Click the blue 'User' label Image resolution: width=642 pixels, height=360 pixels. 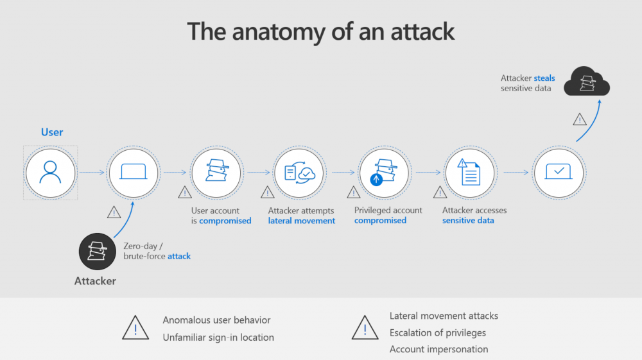coord(52,132)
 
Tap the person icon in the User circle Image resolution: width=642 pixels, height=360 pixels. coord(50,172)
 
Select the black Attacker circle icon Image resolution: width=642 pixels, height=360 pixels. coord(98,252)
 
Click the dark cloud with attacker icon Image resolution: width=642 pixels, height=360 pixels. coord(587,81)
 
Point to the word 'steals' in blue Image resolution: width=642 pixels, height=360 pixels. coord(544,78)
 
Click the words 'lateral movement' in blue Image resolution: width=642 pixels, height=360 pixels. coord(301,221)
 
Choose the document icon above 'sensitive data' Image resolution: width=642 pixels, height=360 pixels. coord(469,172)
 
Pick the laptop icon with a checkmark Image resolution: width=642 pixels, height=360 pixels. coord(559,171)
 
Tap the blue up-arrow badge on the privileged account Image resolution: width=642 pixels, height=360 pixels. coord(376,179)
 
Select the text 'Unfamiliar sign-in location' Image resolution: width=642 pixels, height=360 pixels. coord(218,338)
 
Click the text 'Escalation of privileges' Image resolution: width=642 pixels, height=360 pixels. coord(438,332)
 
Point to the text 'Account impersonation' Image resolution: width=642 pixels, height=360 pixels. coord(439,349)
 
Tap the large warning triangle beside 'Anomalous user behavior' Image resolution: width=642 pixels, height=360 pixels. coord(135,328)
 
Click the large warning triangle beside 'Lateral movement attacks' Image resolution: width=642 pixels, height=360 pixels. coord(365,328)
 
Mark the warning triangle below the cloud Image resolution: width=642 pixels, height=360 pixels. coord(580,119)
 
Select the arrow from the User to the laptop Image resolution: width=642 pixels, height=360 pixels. coord(92,172)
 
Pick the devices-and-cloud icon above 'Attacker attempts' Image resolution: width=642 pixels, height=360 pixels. coord(300,173)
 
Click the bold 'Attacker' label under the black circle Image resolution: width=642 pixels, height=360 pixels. coord(95,281)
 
